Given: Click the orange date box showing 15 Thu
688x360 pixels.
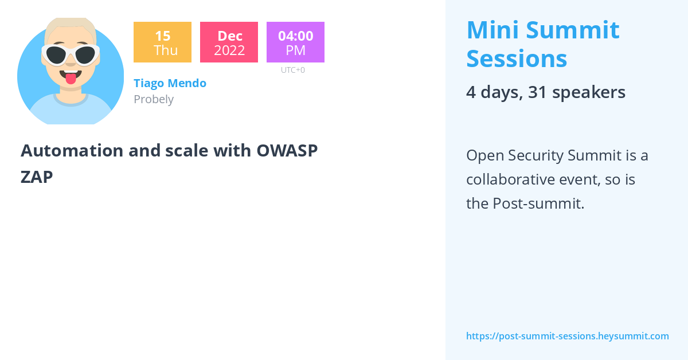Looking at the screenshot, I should click(162, 42).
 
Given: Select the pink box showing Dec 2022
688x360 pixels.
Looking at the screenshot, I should click(229, 42).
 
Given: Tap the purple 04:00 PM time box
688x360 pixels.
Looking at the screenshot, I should click(295, 42).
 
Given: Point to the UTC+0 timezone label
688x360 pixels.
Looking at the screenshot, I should click(292, 70).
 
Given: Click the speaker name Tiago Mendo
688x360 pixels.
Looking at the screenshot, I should click(170, 83).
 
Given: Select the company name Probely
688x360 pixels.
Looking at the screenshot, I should click(154, 99).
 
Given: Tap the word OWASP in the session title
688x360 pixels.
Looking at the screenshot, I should click(287, 151).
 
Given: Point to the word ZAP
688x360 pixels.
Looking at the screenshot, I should click(37, 177).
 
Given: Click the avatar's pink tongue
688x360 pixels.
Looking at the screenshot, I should click(71, 79).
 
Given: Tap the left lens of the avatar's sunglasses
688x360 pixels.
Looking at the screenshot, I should click(56, 56).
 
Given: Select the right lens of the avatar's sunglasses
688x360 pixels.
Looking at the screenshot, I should click(85, 56).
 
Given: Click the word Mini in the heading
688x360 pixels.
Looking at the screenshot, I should click(492, 30).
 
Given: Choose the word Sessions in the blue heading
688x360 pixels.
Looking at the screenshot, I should click(517, 58).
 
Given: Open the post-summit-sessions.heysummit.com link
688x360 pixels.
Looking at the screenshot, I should click(567, 336).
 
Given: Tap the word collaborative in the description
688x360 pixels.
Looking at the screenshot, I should click(510, 179).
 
